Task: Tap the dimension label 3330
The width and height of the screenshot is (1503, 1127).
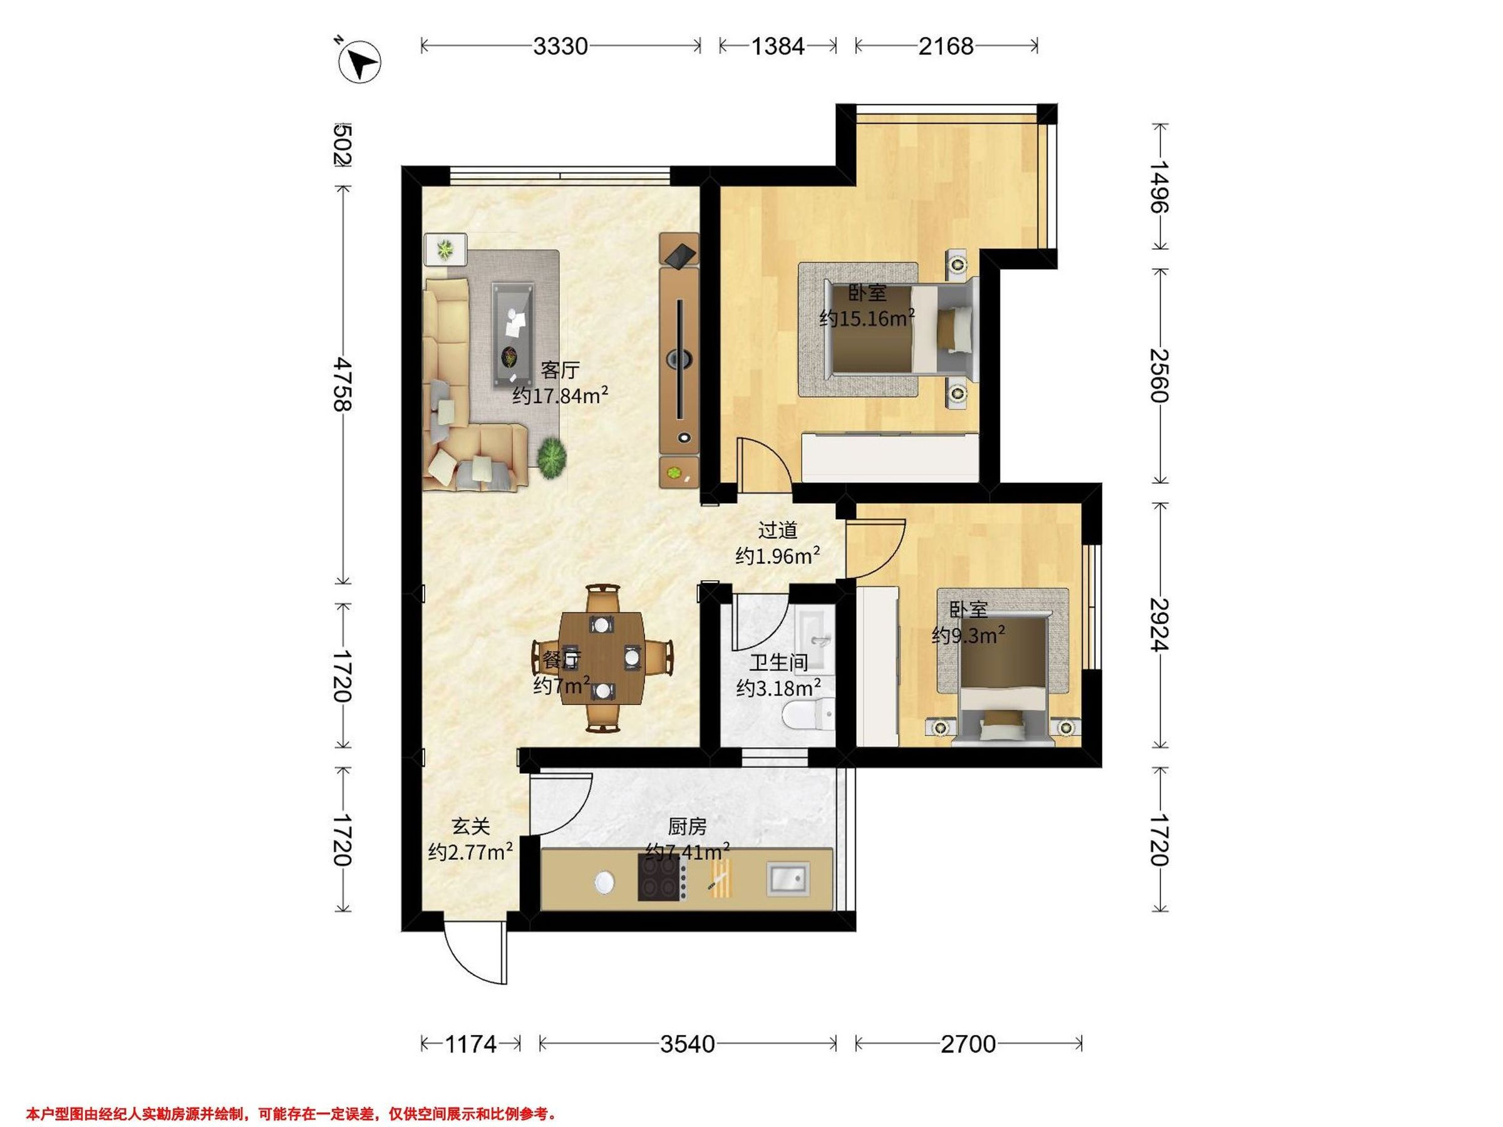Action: pos(560,46)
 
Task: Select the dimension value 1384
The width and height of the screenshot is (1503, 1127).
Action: pos(778,46)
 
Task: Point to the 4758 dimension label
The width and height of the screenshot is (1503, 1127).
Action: pos(343,384)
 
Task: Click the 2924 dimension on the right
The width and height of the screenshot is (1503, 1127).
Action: pos(1159,625)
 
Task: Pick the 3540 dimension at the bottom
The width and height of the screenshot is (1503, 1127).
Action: pos(688,1044)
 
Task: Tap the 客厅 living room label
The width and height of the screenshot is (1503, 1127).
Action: pos(560,370)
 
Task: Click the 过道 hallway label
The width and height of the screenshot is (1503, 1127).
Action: pos(777,529)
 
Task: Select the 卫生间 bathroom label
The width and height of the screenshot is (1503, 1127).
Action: pos(778,662)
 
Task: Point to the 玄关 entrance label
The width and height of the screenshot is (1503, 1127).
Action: pos(471,826)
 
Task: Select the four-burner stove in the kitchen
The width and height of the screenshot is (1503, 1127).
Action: pos(659,877)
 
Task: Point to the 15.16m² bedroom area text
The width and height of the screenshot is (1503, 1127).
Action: pos(867,318)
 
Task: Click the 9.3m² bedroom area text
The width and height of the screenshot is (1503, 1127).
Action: pos(969,635)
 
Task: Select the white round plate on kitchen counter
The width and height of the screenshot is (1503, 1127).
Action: pos(604,882)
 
